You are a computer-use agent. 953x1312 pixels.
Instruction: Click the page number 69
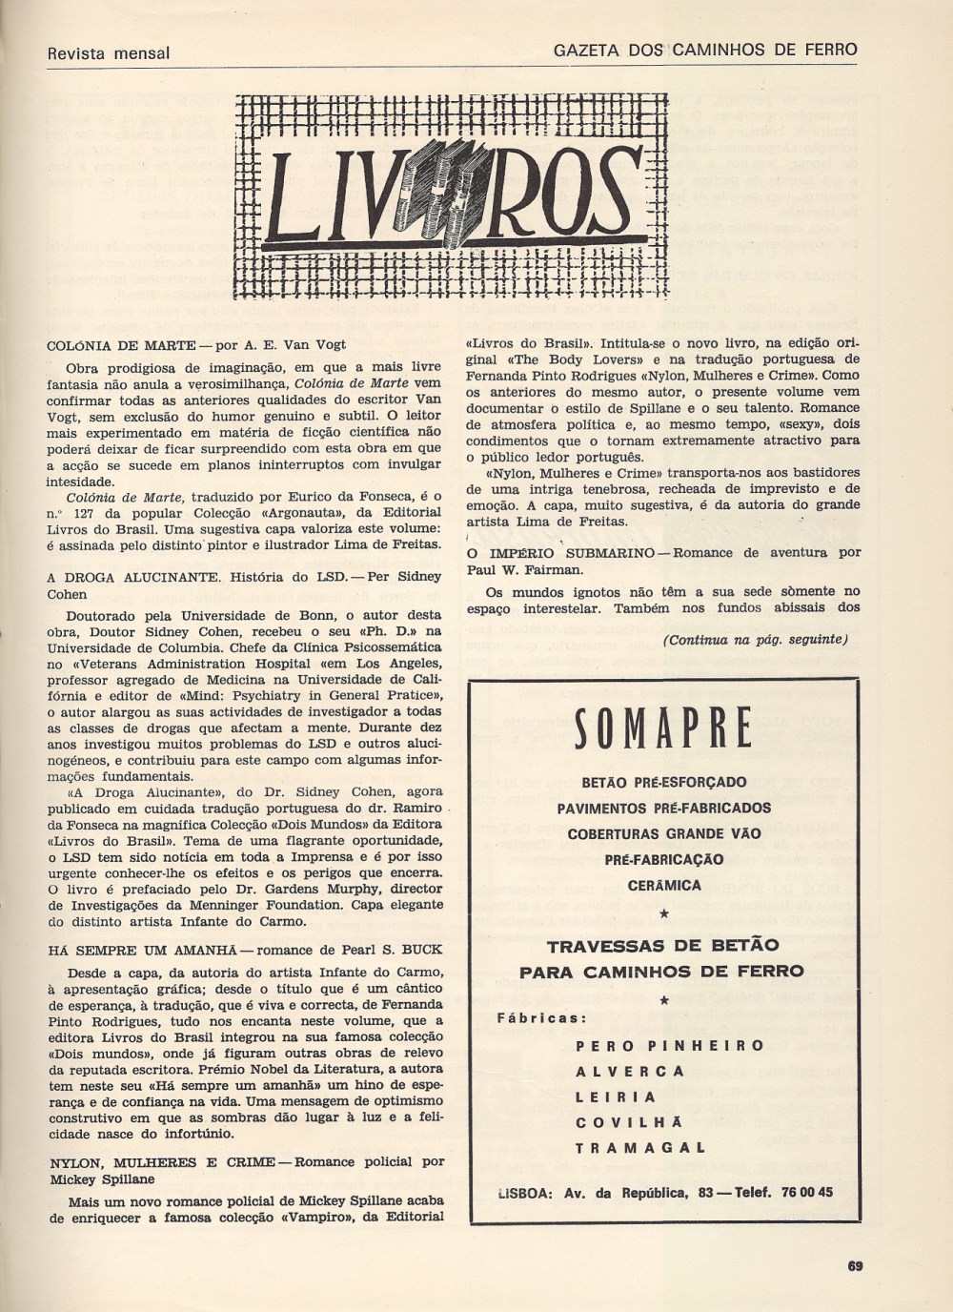click(854, 1266)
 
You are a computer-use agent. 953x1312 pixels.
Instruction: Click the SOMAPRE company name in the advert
click(663, 729)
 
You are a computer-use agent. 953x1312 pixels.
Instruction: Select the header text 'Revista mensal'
click(109, 53)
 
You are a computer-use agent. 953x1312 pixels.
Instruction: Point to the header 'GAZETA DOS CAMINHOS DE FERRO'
click(705, 50)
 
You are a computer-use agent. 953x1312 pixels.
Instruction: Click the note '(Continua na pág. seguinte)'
click(755, 639)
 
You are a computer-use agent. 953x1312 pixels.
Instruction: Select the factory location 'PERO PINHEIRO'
click(670, 1045)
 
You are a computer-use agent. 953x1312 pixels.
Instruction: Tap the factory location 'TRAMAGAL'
click(639, 1148)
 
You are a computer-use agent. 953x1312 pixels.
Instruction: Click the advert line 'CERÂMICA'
click(664, 885)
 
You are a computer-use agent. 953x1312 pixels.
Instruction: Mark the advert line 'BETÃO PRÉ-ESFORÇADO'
click(664, 783)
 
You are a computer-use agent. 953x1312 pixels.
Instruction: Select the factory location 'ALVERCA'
click(630, 1071)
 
